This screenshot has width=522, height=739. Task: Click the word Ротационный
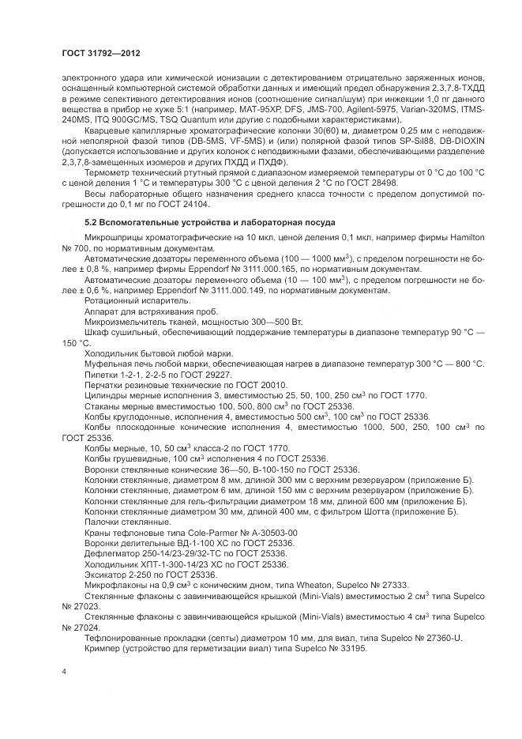(x=110, y=300)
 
